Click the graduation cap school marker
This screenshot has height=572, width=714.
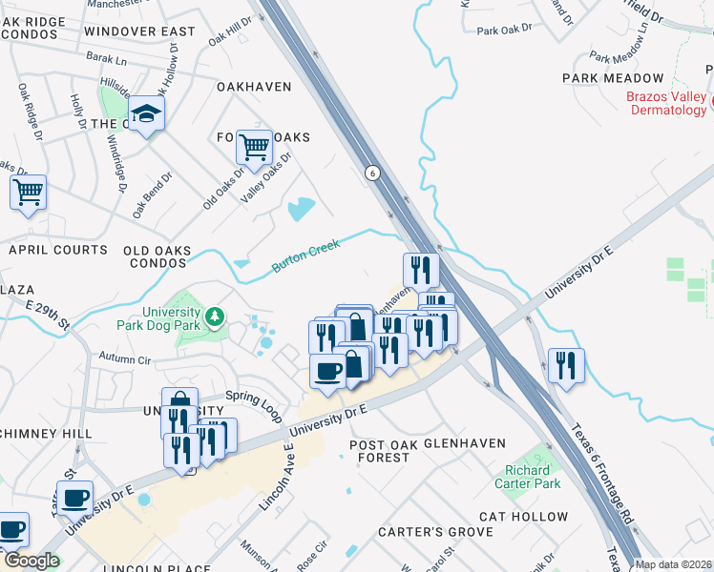[147, 114]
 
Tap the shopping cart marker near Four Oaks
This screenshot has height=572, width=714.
[254, 147]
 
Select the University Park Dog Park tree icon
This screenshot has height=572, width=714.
[217, 316]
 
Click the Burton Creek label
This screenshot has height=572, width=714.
[305, 255]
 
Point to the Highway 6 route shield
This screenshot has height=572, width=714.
[371, 173]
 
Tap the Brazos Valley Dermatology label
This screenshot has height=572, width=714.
[667, 103]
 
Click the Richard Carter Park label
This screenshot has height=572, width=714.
[527, 477]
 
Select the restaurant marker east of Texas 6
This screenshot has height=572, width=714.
[566, 365]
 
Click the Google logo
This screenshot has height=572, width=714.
[31, 561]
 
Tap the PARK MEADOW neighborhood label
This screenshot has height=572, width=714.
[612, 78]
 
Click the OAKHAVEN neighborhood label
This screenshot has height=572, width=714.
[253, 87]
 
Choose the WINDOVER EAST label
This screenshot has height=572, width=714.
[139, 31]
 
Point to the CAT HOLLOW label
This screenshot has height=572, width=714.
[523, 517]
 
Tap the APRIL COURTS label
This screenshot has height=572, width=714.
[58, 250]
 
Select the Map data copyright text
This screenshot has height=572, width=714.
[673, 564]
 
